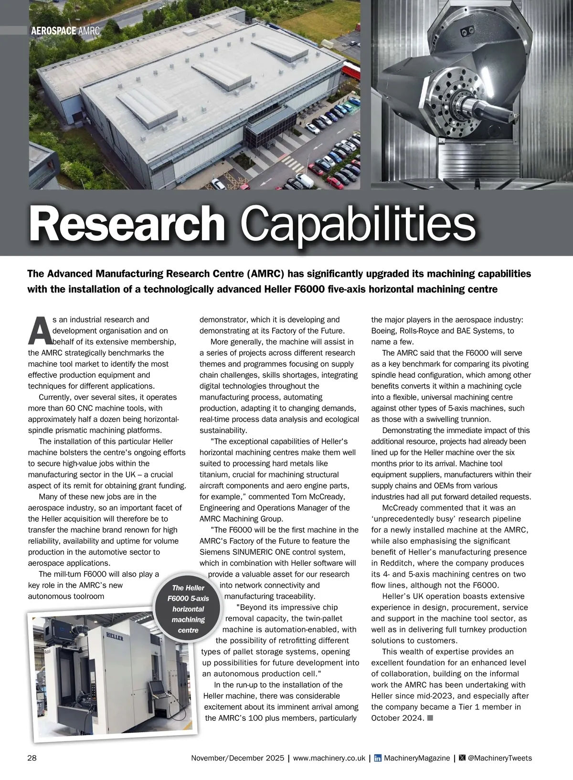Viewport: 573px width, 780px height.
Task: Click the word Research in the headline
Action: point(127,224)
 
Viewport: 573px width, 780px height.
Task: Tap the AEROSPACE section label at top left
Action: point(53,31)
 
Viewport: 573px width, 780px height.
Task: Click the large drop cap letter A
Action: point(39,330)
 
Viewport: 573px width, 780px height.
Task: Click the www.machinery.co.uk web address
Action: point(329,758)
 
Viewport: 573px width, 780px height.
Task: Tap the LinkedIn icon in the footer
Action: point(378,758)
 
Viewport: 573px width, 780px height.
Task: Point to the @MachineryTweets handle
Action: point(499,758)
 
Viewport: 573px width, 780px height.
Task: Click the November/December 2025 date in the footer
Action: point(237,758)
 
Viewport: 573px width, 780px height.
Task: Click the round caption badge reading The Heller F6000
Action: point(188,609)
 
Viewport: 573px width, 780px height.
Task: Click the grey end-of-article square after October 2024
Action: point(430,718)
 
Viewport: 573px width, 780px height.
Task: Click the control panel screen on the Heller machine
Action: point(156,687)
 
